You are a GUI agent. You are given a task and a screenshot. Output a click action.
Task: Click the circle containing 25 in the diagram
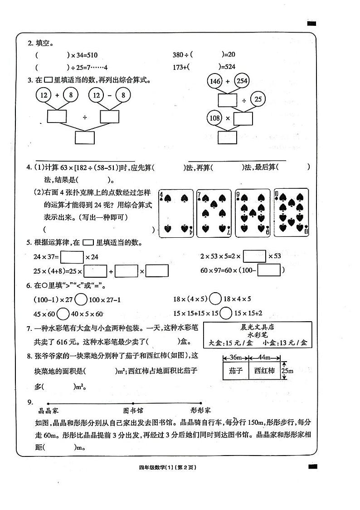click(x=258, y=99)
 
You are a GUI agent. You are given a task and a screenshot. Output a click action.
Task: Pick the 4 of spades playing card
click(x=176, y=213)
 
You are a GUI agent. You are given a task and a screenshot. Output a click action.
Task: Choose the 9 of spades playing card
click(x=252, y=213)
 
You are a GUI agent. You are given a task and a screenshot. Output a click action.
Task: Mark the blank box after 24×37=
click(x=72, y=257)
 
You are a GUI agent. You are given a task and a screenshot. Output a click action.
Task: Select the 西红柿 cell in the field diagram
click(x=264, y=371)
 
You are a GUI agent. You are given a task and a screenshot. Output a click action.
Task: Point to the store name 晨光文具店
click(x=258, y=327)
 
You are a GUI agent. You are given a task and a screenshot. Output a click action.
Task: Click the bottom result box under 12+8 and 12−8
click(x=85, y=137)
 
